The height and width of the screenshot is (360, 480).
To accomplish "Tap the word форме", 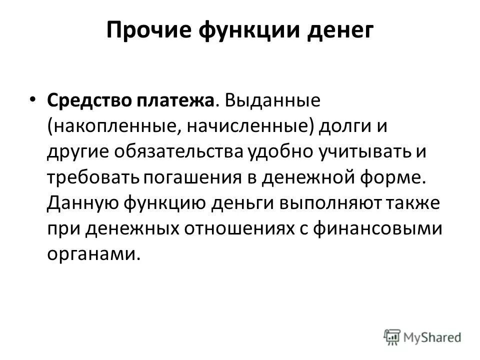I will click(x=398, y=176).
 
